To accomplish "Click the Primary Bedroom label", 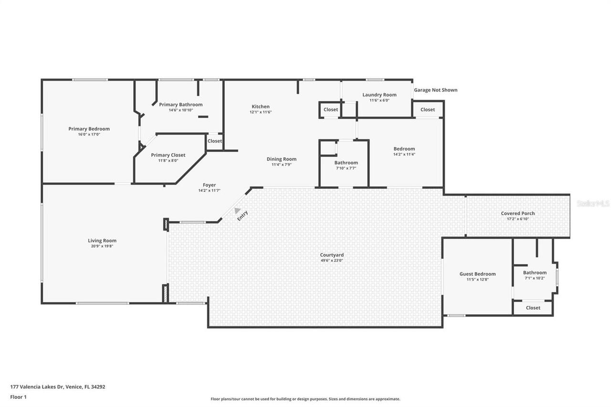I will [89, 129].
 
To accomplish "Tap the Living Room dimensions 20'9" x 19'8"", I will [102, 246].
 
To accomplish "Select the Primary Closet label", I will [168, 155].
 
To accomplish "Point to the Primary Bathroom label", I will [180, 104].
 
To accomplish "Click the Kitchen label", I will [261, 106].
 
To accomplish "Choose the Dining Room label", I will [281, 159].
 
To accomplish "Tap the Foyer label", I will [209, 185].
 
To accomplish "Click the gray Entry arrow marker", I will [237, 210].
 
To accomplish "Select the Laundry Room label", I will [379, 95].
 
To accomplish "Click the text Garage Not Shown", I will [435, 90].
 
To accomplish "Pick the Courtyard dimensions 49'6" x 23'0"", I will [331, 261].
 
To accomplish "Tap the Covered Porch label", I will [517, 213].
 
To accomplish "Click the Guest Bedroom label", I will [477, 274].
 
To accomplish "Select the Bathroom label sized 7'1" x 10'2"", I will [535, 273].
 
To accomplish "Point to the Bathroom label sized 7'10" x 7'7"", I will [346, 163].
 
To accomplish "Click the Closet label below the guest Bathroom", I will [533, 308].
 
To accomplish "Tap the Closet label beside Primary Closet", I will [214, 141].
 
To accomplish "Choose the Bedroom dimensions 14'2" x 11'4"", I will [404, 154].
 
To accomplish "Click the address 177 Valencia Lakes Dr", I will [58, 387].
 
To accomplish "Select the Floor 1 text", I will [19, 397].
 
